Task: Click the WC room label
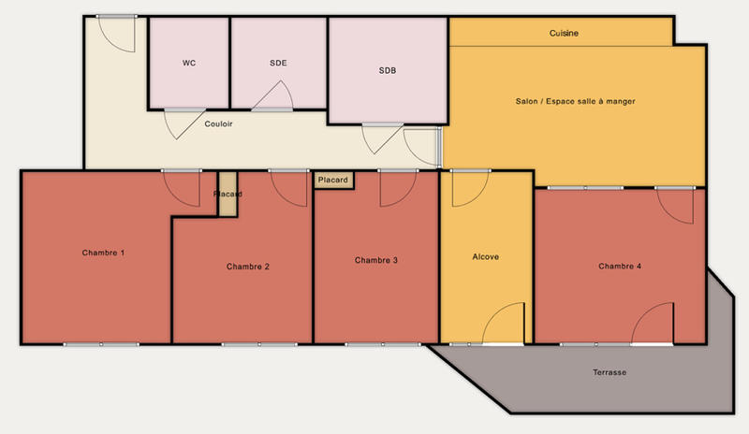[x=188, y=64]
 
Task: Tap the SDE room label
[x=278, y=64]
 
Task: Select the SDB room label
[x=388, y=70]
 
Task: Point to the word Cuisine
[x=564, y=33]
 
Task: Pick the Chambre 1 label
[x=103, y=253]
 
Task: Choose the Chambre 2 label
[x=248, y=267]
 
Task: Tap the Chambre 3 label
[x=377, y=260]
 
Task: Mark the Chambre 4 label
[x=620, y=267]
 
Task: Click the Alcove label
[x=485, y=256]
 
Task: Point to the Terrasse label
[x=609, y=372]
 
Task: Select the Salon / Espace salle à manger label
[x=576, y=101]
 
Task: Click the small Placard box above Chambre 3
[x=333, y=180]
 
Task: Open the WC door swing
[x=181, y=123]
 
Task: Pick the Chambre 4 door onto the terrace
[x=654, y=325]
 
